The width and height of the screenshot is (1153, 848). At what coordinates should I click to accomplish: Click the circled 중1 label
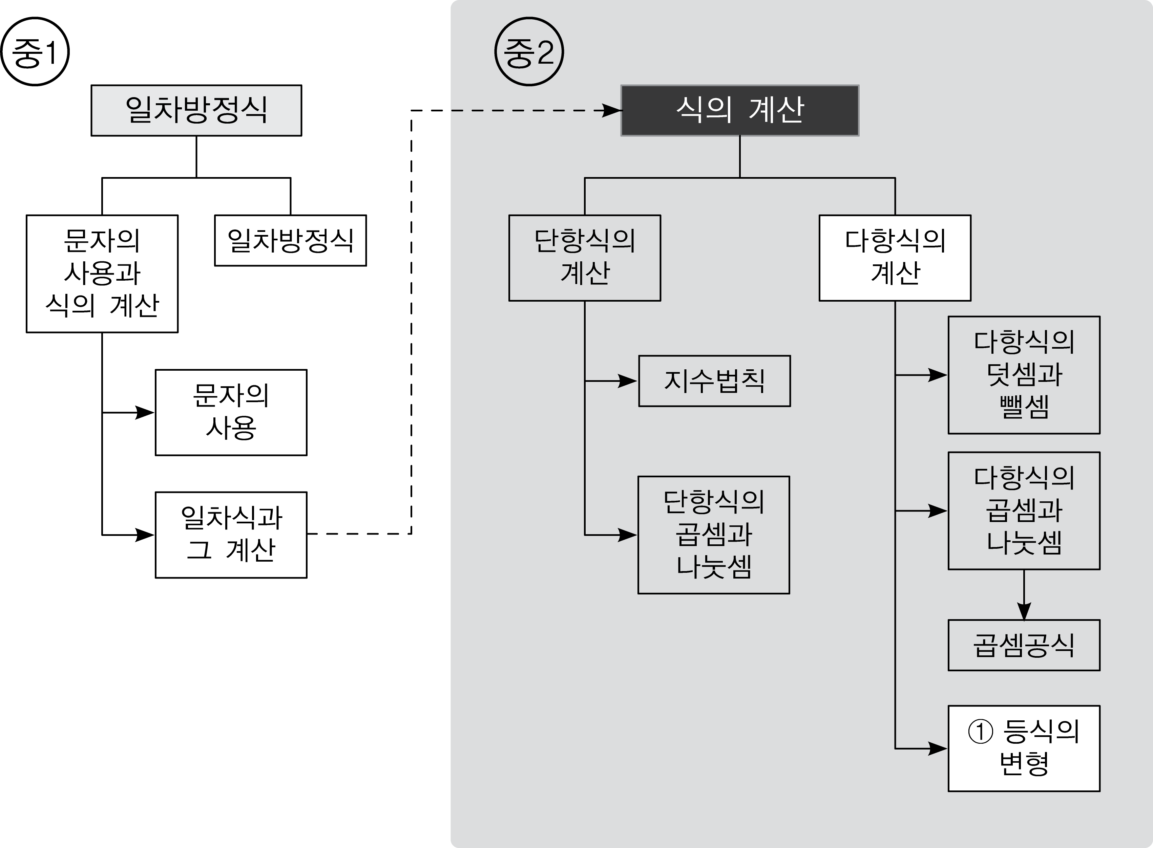pyautogui.click(x=35, y=52)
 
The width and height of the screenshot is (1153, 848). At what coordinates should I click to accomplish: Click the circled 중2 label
pyautogui.click(x=529, y=52)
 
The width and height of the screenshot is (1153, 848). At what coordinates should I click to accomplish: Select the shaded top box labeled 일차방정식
pyautogui.click(x=196, y=110)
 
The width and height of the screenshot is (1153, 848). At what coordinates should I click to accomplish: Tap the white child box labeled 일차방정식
pyautogui.click(x=291, y=240)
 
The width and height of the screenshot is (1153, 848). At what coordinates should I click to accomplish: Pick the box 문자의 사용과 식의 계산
pyautogui.click(x=102, y=274)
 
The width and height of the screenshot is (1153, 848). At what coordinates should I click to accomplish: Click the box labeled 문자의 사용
pyautogui.click(x=231, y=412)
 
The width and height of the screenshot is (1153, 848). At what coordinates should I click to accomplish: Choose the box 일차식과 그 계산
pyautogui.click(x=231, y=535)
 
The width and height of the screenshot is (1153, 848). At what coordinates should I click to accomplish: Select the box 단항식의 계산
pyautogui.click(x=585, y=258)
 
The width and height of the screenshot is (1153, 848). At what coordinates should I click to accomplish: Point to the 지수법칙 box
pyautogui.click(x=714, y=381)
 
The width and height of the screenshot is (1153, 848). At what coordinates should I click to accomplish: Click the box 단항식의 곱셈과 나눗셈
pyautogui.click(x=714, y=535)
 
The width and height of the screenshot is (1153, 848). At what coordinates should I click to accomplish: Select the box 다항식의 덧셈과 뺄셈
pyautogui.click(x=1024, y=375)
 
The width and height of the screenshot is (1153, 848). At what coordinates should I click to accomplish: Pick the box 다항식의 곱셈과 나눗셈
pyautogui.click(x=1024, y=511)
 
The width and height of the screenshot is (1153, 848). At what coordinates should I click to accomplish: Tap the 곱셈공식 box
pyautogui.click(x=1024, y=645)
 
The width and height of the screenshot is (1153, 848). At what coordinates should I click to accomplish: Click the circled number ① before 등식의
pyautogui.click(x=980, y=732)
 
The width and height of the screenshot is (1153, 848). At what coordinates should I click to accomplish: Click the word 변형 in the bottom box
pyautogui.click(x=1024, y=764)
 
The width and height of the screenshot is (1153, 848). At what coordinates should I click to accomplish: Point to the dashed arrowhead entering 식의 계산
pyautogui.click(x=612, y=110)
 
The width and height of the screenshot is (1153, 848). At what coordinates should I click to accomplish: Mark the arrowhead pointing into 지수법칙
pyautogui.click(x=628, y=381)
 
